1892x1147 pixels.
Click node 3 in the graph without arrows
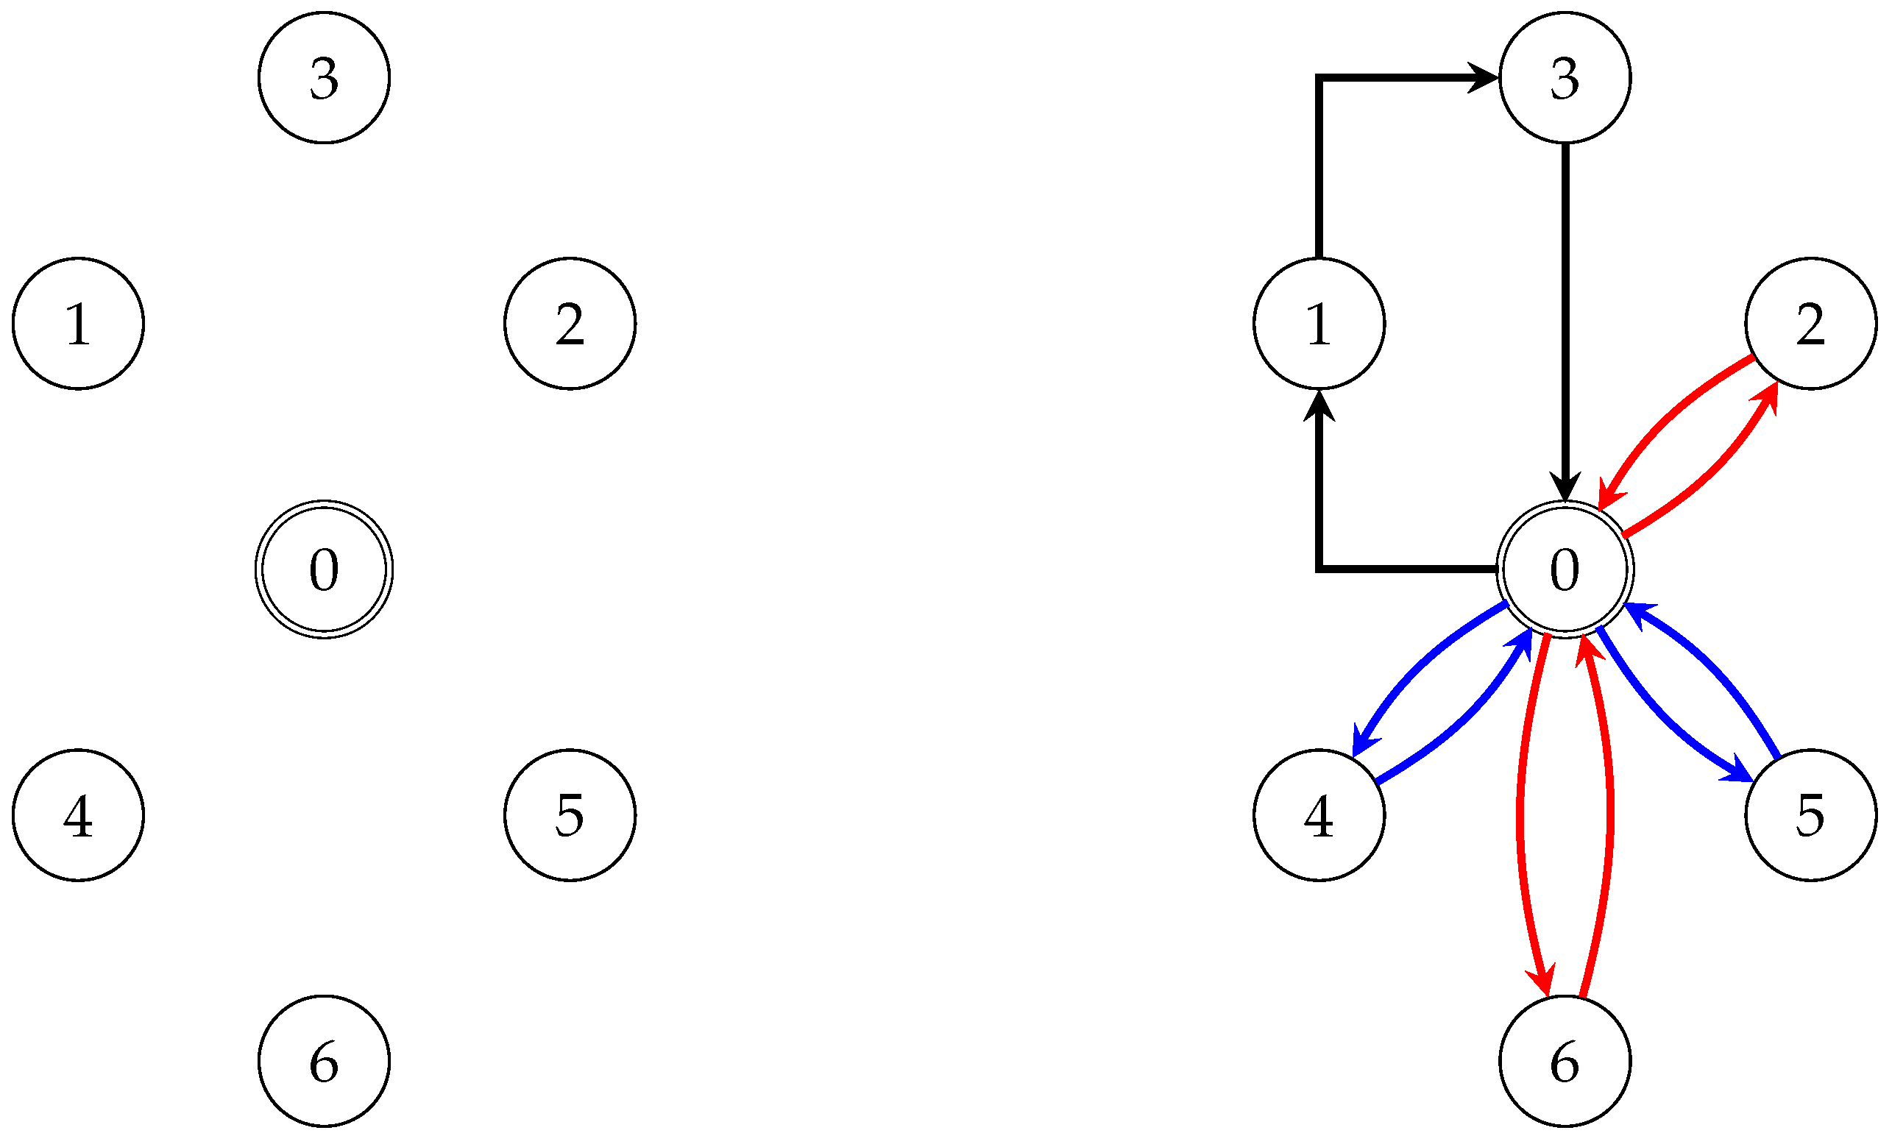[324, 77]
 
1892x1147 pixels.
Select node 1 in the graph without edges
[78, 323]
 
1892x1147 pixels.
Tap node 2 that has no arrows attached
[570, 323]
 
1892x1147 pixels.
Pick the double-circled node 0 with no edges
[324, 569]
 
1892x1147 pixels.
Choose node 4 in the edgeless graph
[78, 814]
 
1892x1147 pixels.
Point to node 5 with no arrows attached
[570, 814]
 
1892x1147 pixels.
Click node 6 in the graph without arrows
[324, 1061]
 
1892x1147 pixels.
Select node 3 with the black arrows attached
[1565, 77]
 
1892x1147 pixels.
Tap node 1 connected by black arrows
[1319, 323]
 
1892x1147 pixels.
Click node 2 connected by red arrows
[1810, 323]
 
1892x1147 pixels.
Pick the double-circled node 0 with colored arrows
[1565, 569]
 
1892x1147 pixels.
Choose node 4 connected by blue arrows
[1319, 814]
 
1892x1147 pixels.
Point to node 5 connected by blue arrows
[1810, 814]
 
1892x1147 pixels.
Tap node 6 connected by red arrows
[1565, 1061]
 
